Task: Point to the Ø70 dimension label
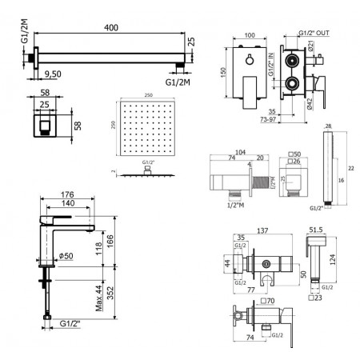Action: pyautogui.click(x=270, y=302)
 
